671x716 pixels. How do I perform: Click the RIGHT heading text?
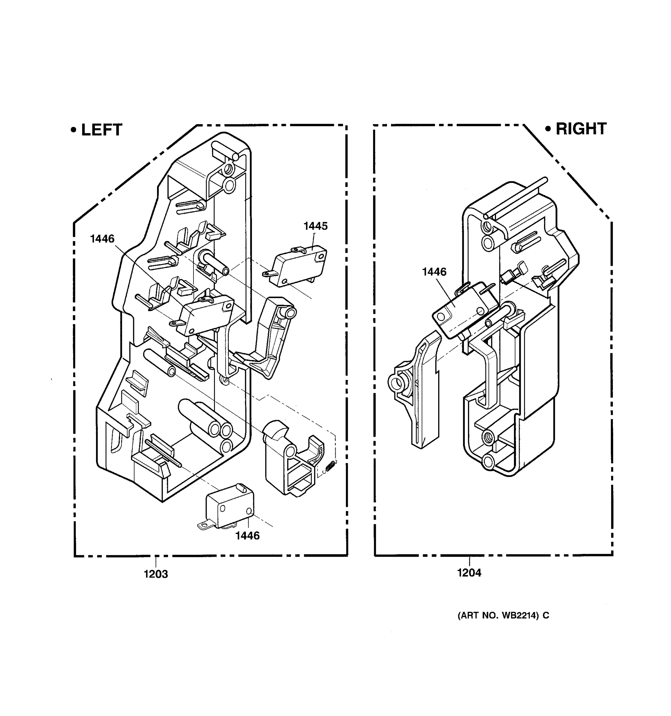point(581,129)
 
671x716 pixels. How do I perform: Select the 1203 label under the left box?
point(156,574)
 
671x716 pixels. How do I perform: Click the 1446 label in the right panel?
point(434,271)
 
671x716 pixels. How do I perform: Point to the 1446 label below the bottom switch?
point(247,536)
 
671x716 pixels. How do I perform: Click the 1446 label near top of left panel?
point(102,238)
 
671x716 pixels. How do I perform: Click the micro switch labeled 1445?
point(299,266)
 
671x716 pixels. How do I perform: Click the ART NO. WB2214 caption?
point(503,615)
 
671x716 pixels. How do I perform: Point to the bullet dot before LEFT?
point(74,130)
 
